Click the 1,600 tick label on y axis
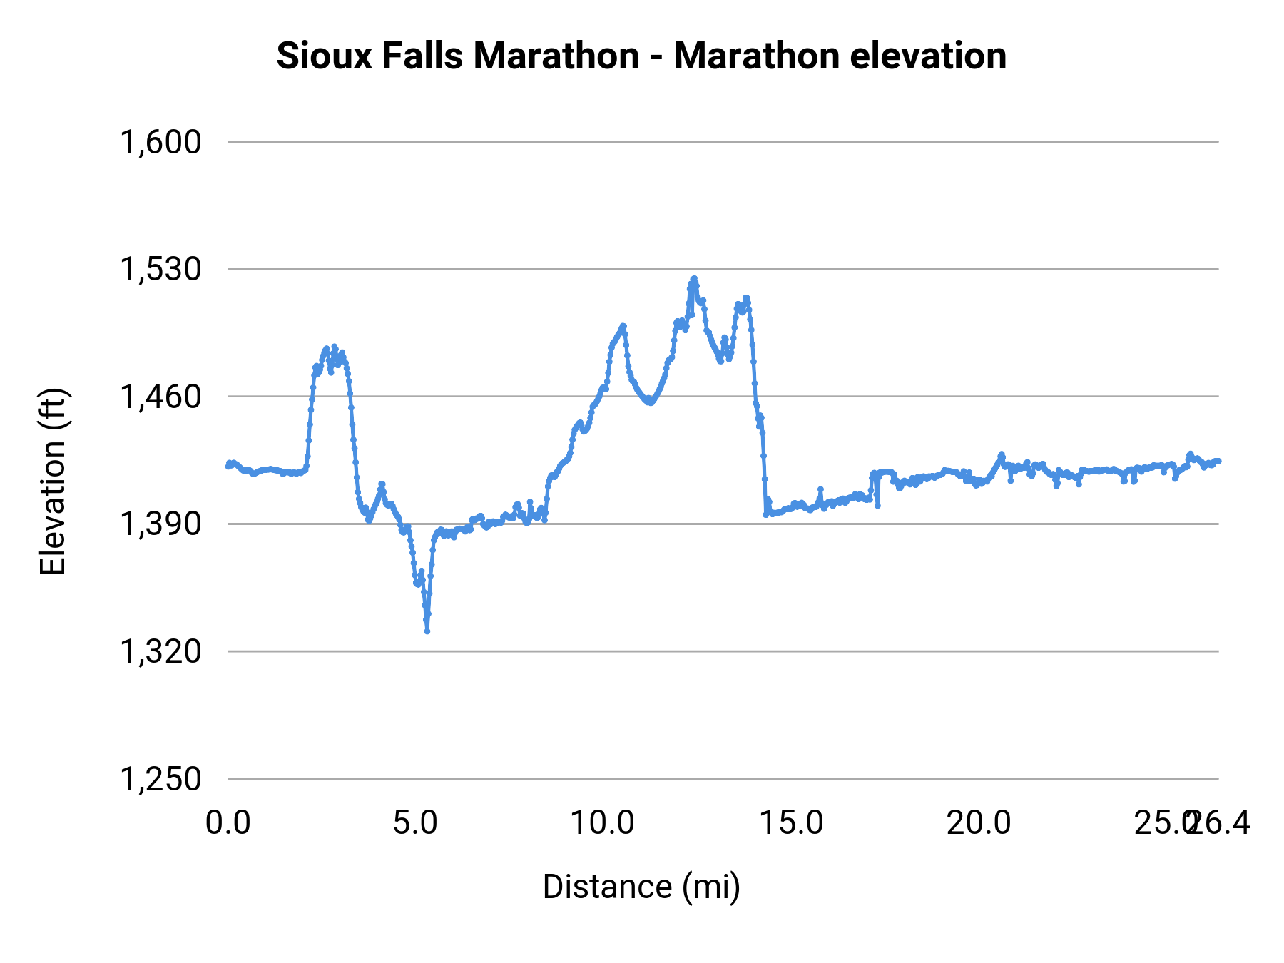[160, 142]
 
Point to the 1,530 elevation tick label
[160, 270]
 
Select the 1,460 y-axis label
[160, 397]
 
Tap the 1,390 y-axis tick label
[160, 524]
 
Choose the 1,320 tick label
[160, 651]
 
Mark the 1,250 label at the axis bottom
[160, 779]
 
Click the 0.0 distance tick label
[228, 823]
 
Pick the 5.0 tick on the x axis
[416, 823]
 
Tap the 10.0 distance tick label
[603, 823]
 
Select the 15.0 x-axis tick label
[791, 823]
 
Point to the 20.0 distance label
[979, 823]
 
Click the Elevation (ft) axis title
[53, 481]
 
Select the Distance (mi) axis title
[641, 887]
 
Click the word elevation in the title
[928, 56]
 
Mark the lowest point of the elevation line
[427, 631]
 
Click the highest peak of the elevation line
[693, 279]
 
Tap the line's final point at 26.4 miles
[1218, 461]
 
